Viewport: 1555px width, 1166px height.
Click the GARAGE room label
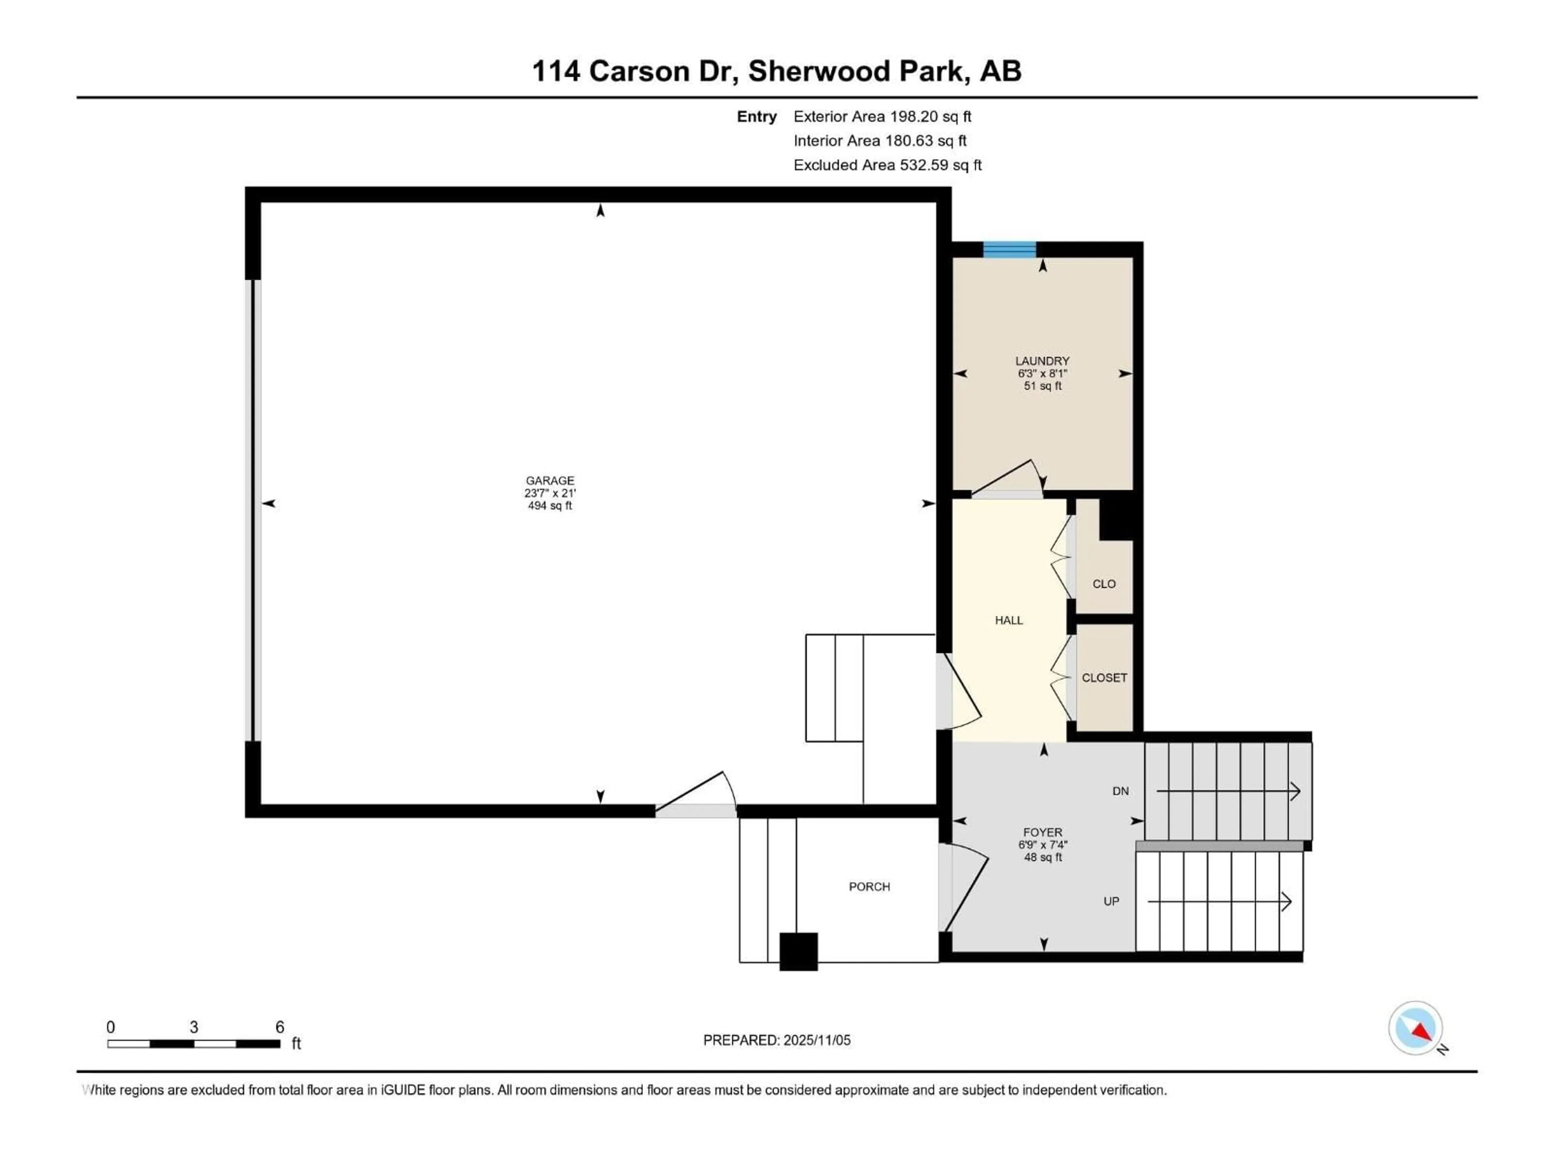[x=550, y=481]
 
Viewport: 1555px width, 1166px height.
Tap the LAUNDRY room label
[x=1042, y=361]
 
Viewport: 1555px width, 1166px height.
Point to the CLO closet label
[x=1103, y=583]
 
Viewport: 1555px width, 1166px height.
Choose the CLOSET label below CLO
[x=1103, y=677]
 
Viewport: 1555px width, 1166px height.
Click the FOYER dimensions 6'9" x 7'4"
[x=1042, y=845]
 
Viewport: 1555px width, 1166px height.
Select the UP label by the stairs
[x=1111, y=901]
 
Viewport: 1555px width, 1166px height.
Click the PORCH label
[x=869, y=886]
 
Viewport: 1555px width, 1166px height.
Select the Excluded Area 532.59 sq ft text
[x=887, y=165]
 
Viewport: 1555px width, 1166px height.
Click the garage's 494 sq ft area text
[x=550, y=505]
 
